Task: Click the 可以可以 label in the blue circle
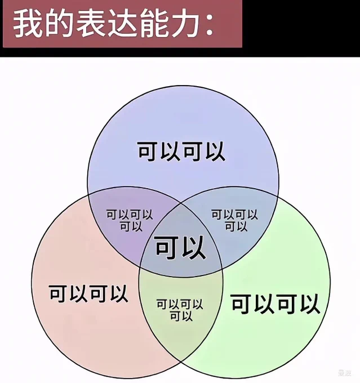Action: click(x=181, y=152)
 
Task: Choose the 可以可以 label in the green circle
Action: click(x=275, y=304)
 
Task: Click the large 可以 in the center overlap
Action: click(x=180, y=248)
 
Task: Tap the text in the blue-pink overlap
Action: click(x=130, y=220)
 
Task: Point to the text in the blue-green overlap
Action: click(x=234, y=220)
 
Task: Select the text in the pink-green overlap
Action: click(x=180, y=310)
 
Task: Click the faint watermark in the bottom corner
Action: click(x=345, y=373)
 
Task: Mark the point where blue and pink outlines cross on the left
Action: click(x=88, y=195)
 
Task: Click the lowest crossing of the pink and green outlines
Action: click(x=181, y=362)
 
